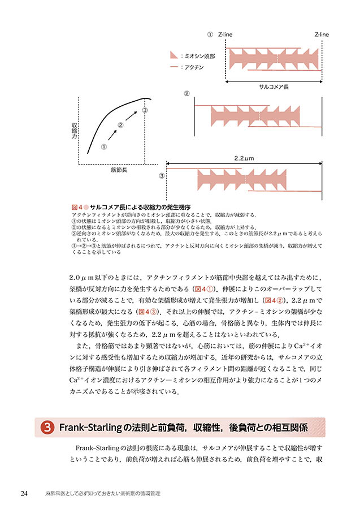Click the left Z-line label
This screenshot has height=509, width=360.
tap(225, 34)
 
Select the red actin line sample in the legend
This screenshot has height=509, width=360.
tap(174, 67)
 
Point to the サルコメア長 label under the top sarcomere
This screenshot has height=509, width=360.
tap(274, 87)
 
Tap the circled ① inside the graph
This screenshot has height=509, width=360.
tap(104, 146)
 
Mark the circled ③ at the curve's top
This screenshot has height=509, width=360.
tap(145, 110)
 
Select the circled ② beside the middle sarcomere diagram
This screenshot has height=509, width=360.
tap(186, 93)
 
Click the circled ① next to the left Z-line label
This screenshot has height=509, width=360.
tap(209, 34)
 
